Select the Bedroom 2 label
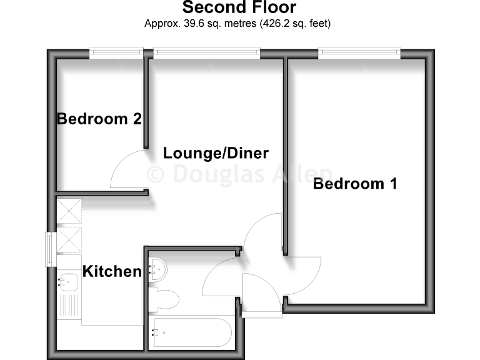point(99,119)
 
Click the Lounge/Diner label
point(216,153)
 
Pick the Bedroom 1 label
point(355,184)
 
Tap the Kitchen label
point(112,272)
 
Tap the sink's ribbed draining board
point(68,307)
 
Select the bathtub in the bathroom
point(190,332)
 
